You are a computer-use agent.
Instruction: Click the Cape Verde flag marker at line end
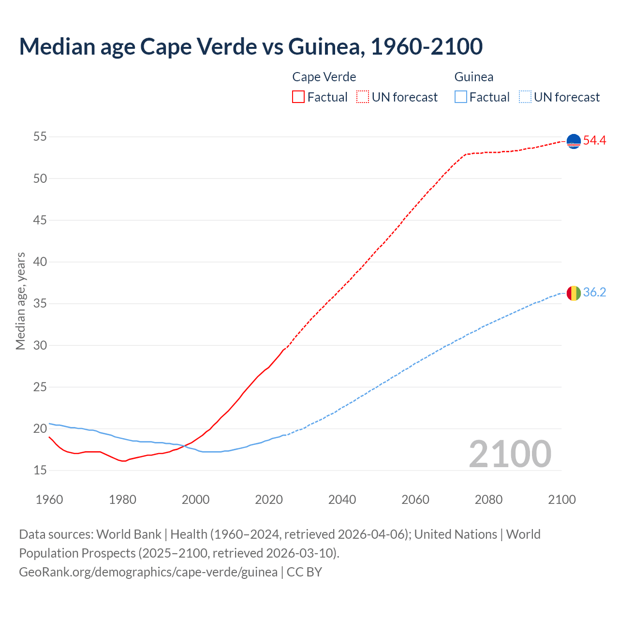(x=574, y=141)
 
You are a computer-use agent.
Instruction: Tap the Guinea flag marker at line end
(x=574, y=293)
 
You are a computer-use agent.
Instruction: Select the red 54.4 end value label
(x=594, y=141)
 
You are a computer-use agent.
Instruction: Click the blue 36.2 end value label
(x=594, y=293)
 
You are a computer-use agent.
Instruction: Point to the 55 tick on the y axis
(x=40, y=137)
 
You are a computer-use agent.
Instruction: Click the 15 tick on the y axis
(x=40, y=470)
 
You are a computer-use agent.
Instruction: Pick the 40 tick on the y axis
(x=40, y=262)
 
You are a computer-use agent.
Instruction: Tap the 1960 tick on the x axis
(x=49, y=500)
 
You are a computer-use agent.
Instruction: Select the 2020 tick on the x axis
(x=269, y=500)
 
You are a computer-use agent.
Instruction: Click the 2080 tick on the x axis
(x=488, y=500)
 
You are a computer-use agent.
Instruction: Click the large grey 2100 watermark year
(x=510, y=454)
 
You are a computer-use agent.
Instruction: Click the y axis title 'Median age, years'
(x=20, y=301)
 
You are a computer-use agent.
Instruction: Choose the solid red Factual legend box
(x=298, y=97)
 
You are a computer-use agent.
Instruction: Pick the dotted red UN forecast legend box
(x=363, y=97)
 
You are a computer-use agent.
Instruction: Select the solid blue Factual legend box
(x=461, y=97)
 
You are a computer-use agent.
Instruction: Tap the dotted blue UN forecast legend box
(x=525, y=97)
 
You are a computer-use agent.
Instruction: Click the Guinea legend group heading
(x=474, y=77)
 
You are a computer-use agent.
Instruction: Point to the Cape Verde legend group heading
(x=324, y=77)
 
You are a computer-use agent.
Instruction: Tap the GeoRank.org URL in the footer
(x=148, y=572)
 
